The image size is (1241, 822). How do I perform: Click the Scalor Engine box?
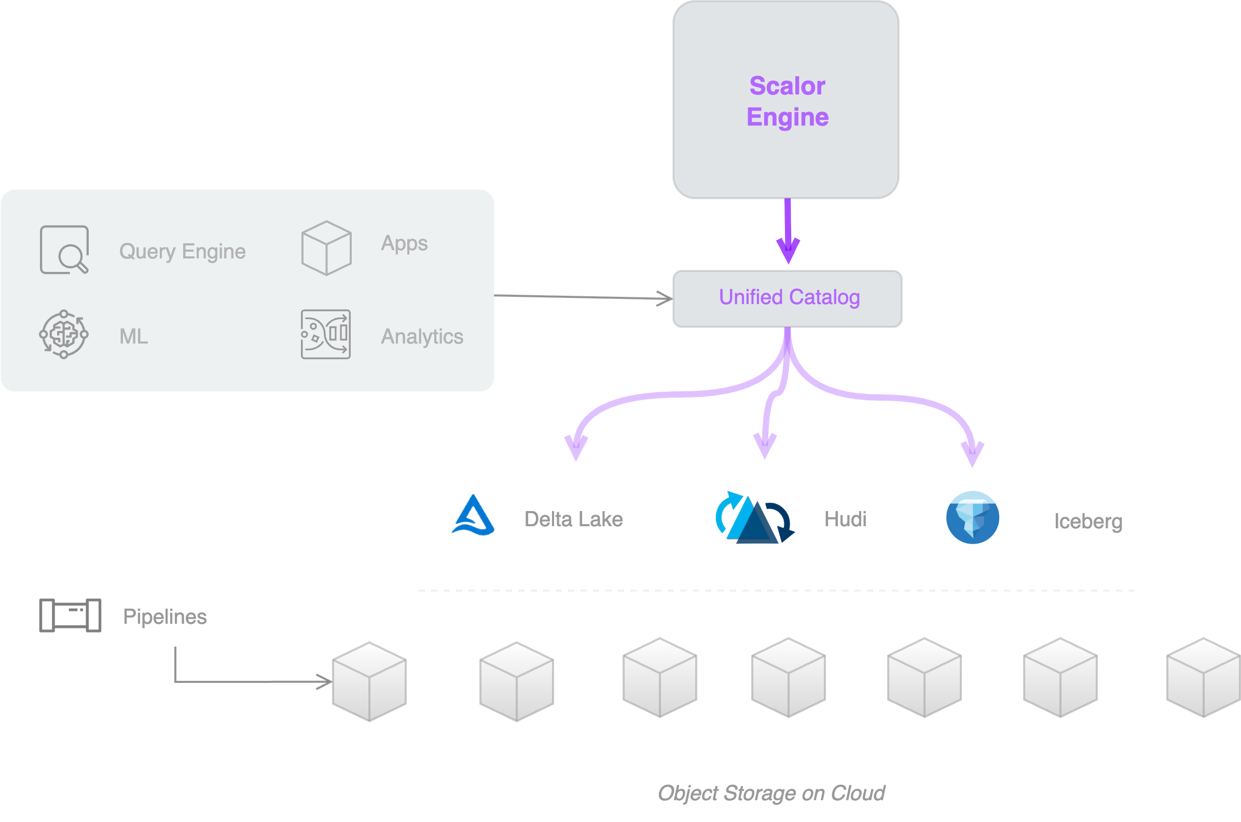click(x=786, y=100)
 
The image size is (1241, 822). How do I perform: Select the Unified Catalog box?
click(x=787, y=298)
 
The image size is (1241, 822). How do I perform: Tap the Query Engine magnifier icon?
click(x=64, y=250)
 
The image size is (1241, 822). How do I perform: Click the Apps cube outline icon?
click(x=326, y=248)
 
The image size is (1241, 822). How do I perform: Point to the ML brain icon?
click(x=64, y=335)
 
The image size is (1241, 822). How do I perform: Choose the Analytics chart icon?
click(x=325, y=335)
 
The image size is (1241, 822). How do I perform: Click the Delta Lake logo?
click(x=473, y=516)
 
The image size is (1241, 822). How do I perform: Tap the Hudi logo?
click(x=755, y=518)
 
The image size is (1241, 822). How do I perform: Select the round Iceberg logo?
click(x=972, y=518)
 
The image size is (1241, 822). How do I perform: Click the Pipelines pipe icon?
click(x=70, y=615)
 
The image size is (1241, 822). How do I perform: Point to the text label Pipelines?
click(x=164, y=616)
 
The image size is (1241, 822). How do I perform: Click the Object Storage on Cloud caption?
click(x=771, y=793)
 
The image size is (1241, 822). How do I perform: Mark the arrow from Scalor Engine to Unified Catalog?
click(x=788, y=230)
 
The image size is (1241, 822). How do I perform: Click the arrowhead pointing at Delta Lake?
click(x=576, y=448)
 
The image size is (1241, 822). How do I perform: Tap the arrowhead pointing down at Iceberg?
click(x=973, y=454)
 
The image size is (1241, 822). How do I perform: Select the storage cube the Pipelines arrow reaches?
click(x=369, y=681)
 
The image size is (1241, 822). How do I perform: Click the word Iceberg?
click(x=1088, y=522)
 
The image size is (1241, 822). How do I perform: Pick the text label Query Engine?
click(x=183, y=252)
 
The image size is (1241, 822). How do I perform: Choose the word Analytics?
click(x=422, y=337)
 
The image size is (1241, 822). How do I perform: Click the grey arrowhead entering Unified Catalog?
click(x=666, y=299)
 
